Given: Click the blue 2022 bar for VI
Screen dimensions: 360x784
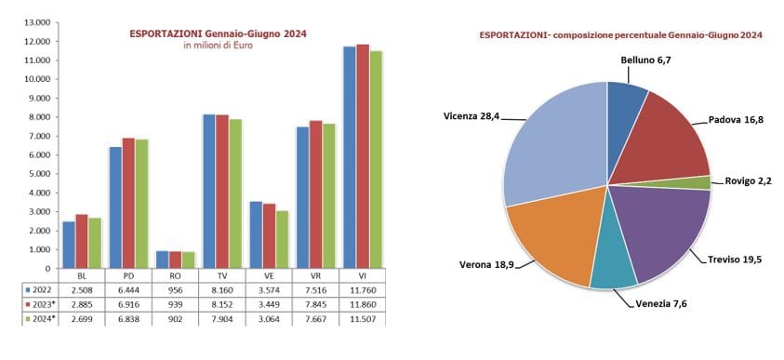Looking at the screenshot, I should click(x=349, y=158).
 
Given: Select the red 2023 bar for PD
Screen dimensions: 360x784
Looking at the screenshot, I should click(x=129, y=204).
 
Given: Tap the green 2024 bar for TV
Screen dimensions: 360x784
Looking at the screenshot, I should click(x=234, y=194).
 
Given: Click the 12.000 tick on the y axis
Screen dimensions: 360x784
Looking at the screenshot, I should click(x=36, y=41).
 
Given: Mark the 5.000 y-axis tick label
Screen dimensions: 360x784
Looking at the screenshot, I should click(x=38, y=174).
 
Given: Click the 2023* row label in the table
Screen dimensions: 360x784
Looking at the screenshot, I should click(x=42, y=302).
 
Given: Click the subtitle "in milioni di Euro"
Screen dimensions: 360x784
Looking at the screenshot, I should click(x=218, y=46).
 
